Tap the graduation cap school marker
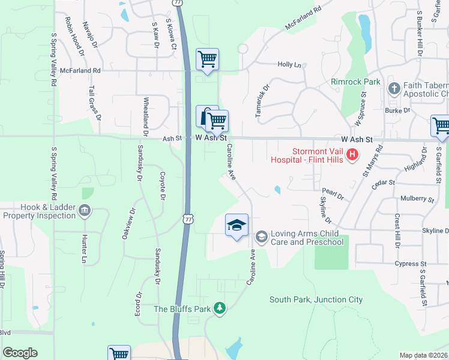pos(237,225)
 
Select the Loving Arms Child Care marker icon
pos(261,237)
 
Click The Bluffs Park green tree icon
pos(220,308)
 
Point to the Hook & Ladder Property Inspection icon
pos(84,210)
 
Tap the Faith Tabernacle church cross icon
pos(394,89)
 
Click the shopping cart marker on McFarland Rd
pos(207,59)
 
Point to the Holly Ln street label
pos(289,65)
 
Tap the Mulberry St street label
pos(417,199)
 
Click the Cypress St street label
pos(411,263)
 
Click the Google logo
pos(20,353)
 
